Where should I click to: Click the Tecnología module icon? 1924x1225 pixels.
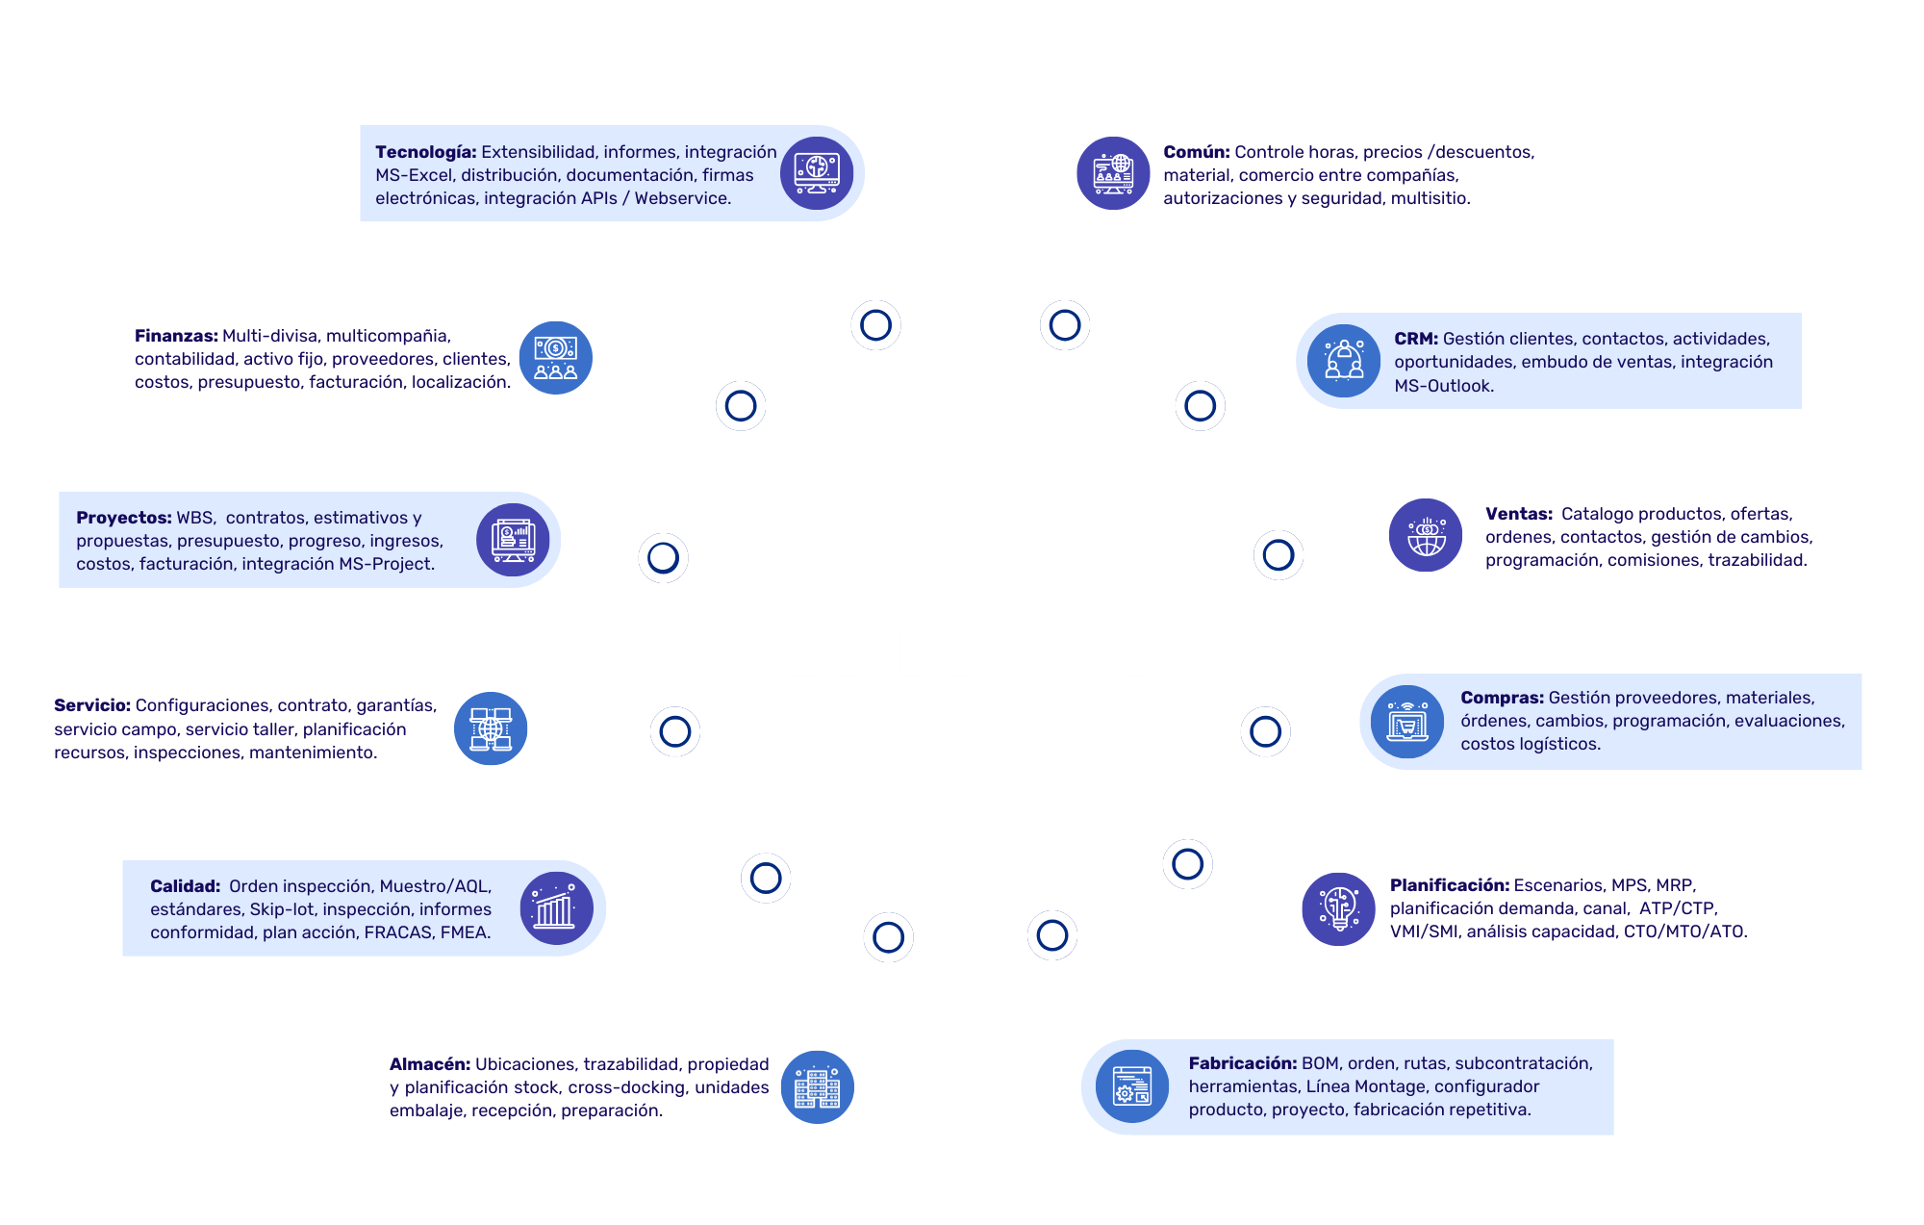[817, 173]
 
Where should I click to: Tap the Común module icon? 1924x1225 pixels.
[1113, 173]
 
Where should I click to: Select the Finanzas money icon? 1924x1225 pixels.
[555, 358]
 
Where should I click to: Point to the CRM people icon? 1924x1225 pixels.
[1344, 361]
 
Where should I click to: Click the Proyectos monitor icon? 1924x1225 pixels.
[513, 540]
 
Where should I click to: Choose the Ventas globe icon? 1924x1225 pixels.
[1426, 535]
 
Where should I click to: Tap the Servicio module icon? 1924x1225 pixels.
[491, 728]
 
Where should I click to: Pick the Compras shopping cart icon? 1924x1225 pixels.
[1407, 722]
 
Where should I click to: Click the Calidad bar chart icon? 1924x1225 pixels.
[556, 908]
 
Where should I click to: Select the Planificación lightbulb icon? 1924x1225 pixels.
[1338, 908]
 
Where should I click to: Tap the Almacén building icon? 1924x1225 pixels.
[817, 1087]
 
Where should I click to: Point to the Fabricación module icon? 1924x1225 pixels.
[1131, 1086]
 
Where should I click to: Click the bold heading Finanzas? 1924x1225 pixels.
[176, 336]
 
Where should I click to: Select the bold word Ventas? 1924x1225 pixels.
[1518, 514]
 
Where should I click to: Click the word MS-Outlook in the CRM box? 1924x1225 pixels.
[1443, 386]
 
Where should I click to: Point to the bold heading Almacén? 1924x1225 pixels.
[429, 1064]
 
